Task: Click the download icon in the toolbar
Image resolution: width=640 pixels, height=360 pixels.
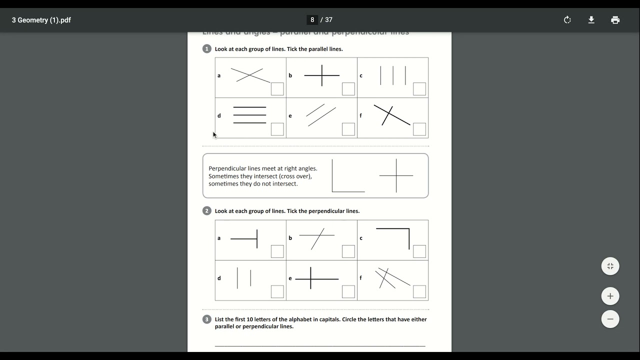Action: click(x=591, y=20)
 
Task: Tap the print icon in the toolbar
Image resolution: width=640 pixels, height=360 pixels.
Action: click(x=615, y=20)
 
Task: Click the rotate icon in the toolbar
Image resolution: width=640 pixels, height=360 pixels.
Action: click(x=567, y=20)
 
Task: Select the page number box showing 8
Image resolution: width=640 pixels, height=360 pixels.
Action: click(x=312, y=20)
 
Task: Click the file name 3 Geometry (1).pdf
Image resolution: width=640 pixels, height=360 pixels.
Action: click(x=41, y=20)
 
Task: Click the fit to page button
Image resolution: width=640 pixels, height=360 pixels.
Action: click(x=610, y=266)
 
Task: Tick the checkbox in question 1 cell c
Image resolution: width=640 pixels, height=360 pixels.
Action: click(x=419, y=89)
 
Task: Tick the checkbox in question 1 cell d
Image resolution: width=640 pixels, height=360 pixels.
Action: click(x=277, y=129)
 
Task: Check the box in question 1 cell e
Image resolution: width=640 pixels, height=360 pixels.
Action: click(x=348, y=129)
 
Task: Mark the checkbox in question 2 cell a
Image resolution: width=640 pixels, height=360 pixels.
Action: click(x=277, y=251)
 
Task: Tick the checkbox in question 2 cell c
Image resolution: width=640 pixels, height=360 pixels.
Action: click(x=419, y=251)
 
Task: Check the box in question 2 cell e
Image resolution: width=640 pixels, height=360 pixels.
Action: click(x=348, y=291)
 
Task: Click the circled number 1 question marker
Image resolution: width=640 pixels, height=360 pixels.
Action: click(x=207, y=48)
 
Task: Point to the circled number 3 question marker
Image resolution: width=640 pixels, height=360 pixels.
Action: click(x=207, y=319)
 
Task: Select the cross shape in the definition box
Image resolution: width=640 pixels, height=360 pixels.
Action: click(x=396, y=175)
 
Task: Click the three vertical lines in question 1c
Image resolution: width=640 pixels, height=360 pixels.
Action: click(x=393, y=75)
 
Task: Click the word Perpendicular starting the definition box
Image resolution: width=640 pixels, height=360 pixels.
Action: click(x=227, y=168)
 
